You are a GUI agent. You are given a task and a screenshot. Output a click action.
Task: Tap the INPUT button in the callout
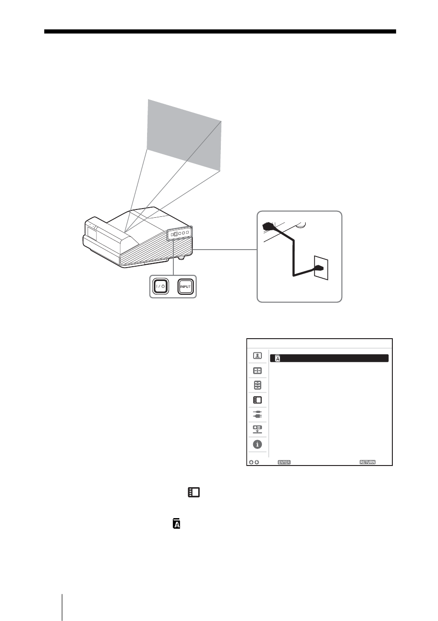tap(185, 287)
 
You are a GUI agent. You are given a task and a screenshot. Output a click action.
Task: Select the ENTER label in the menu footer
tap(284, 462)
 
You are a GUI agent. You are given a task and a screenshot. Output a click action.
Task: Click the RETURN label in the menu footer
tap(367, 462)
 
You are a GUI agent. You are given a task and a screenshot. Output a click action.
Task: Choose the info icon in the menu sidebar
tap(257, 445)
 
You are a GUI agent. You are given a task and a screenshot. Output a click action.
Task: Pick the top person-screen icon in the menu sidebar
tap(257, 356)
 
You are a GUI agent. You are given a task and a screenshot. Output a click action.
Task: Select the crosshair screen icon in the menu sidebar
tap(257, 370)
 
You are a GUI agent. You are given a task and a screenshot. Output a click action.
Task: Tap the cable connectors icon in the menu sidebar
tap(257, 415)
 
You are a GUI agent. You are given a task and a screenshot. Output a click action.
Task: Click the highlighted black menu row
tap(329, 358)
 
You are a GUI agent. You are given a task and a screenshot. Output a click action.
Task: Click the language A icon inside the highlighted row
tap(278, 358)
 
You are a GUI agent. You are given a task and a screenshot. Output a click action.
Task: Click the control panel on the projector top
tap(180, 233)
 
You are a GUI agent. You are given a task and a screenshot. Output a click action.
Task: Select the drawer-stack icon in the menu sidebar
tap(257, 385)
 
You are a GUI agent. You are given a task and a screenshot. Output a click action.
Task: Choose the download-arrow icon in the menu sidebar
tap(257, 430)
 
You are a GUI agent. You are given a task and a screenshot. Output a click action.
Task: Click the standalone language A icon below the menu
tap(176, 524)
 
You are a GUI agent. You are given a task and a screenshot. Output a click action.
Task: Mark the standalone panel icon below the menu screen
tap(193, 492)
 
